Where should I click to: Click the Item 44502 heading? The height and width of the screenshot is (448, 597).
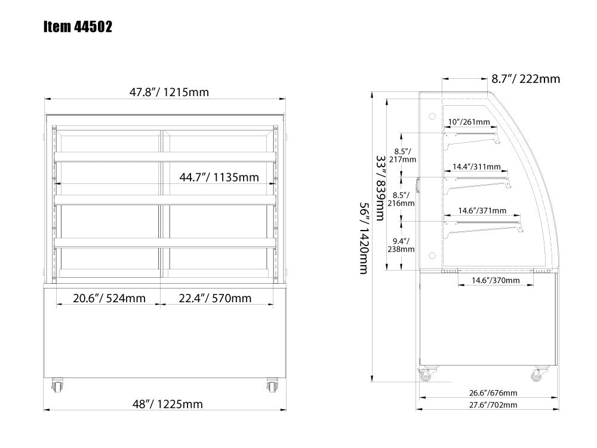click(x=78, y=27)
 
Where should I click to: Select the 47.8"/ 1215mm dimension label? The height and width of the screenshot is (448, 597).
click(x=169, y=92)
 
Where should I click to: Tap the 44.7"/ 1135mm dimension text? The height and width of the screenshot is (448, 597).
click(x=219, y=177)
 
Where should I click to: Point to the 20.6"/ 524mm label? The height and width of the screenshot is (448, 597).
click(x=109, y=298)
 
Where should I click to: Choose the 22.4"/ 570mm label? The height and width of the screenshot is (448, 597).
click(x=215, y=298)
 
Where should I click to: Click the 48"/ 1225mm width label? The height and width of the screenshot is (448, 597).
click(x=168, y=404)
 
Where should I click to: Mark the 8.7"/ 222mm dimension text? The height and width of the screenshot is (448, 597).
click(x=526, y=79)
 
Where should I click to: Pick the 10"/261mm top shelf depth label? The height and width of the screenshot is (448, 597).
click(x=469, y=122)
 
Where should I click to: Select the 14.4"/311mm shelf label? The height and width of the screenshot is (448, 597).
click(x=476, y=167)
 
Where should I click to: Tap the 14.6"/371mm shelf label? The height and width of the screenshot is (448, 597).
click(x=482, y=210)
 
